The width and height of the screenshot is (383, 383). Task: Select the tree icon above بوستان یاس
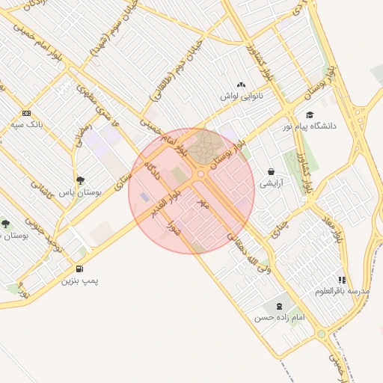coord(80,180)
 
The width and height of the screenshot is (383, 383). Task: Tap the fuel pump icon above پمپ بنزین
coord(79,269)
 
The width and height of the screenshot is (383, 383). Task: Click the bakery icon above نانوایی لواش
coord(239,85)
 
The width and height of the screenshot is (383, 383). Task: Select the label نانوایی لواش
coord(239,96)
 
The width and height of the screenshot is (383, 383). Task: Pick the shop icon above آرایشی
coord(270,171)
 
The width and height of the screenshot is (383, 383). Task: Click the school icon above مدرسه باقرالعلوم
coord(342,279)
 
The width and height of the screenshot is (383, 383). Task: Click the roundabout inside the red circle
coord(200,175)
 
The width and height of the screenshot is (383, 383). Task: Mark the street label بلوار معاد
coord(337,226)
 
